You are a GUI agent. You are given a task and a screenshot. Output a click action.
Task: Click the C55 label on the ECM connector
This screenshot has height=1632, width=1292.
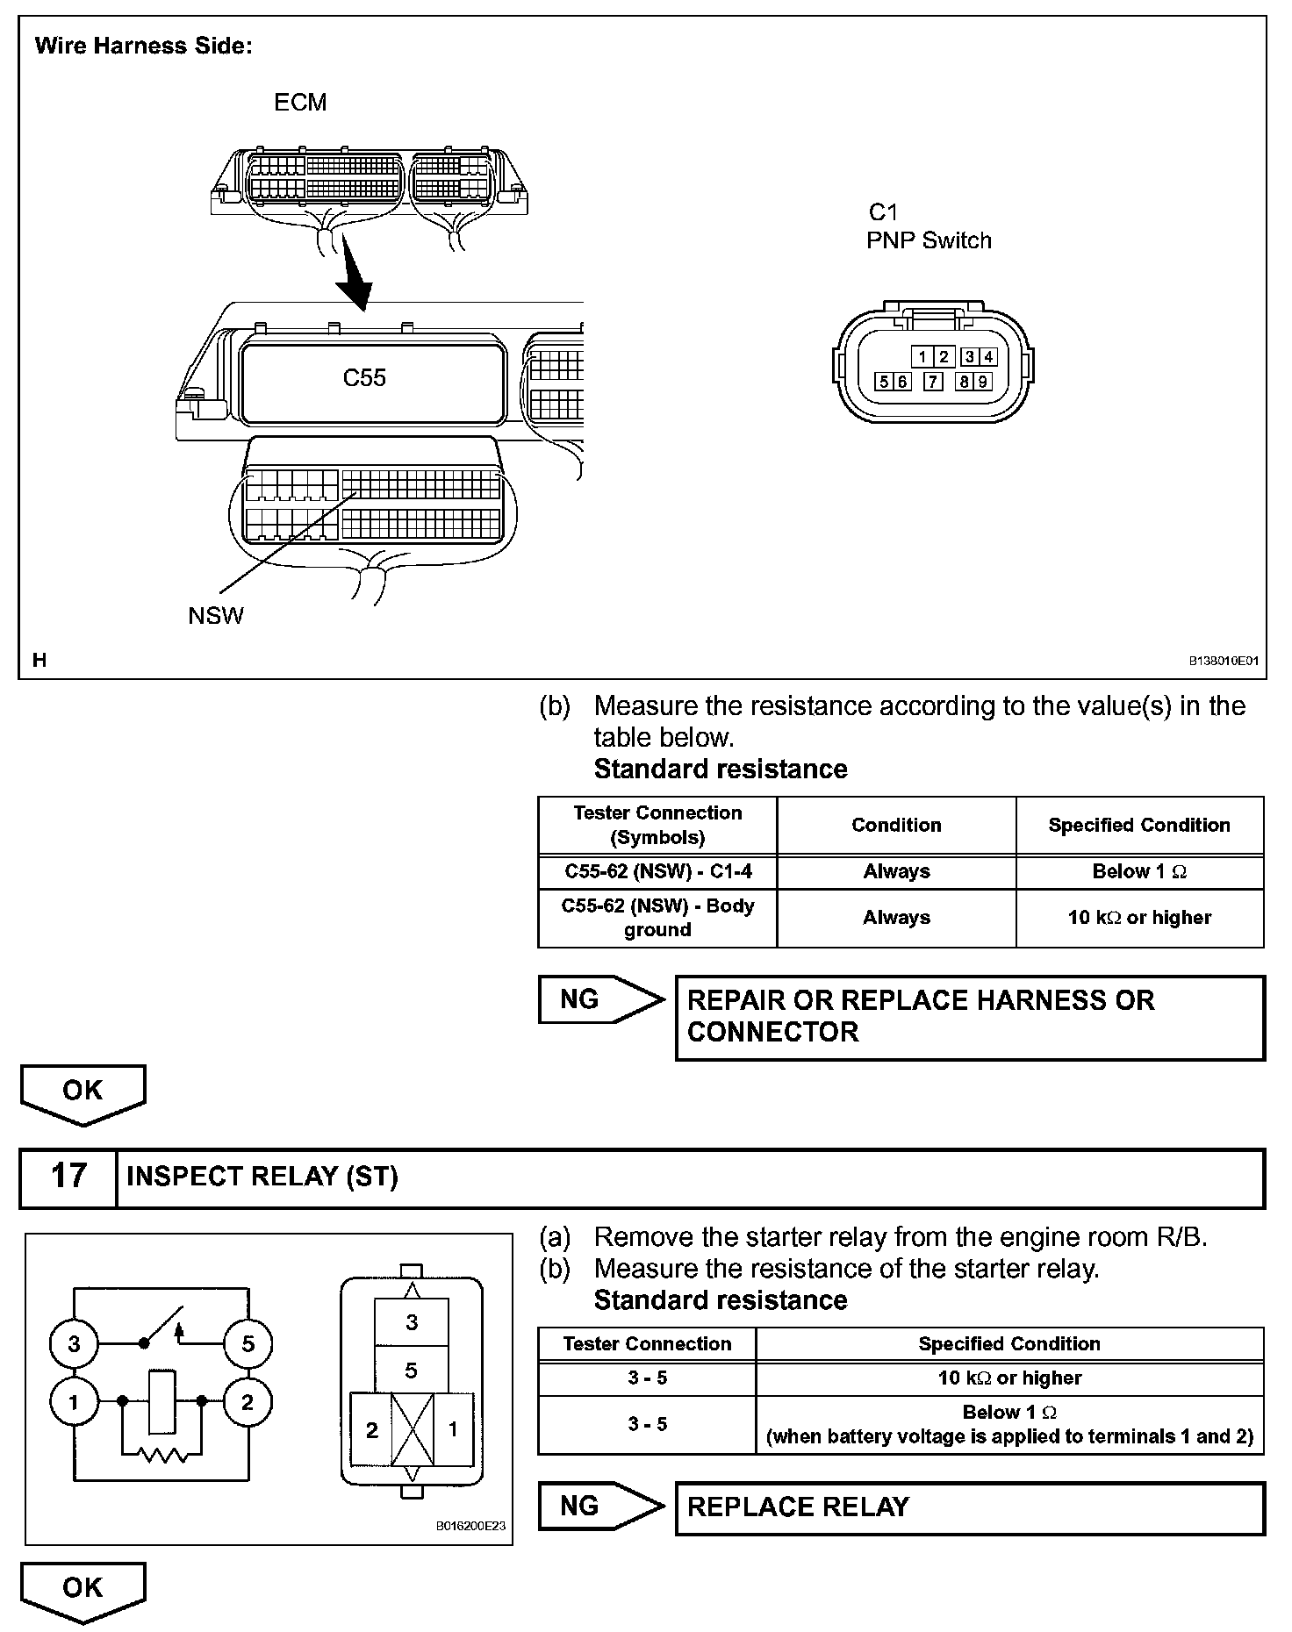364,378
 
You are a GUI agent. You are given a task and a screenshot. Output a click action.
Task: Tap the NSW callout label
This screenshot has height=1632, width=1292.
216,615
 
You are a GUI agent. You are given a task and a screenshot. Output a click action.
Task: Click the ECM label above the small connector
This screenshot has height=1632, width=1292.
300,103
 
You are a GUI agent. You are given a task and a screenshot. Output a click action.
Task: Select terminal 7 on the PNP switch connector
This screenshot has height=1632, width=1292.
933,381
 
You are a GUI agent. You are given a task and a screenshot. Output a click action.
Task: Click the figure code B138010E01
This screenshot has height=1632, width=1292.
1224,661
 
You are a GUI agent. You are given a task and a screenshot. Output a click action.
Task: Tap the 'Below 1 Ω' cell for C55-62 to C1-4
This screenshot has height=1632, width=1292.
1139,871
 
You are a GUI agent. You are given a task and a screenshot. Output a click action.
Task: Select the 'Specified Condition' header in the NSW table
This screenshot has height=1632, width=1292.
1139,825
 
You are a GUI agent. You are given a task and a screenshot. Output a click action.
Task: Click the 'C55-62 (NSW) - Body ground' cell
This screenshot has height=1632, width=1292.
657,918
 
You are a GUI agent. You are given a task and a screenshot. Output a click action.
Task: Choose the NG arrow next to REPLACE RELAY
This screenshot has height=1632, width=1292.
601,1506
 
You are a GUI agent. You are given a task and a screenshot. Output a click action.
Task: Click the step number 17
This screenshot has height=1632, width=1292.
68,1176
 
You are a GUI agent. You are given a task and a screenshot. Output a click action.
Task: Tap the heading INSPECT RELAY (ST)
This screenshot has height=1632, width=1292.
262,1177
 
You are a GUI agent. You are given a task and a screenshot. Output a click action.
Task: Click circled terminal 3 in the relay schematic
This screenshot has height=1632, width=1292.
74,1343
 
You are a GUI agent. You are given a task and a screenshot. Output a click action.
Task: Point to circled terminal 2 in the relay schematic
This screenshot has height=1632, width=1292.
248,1402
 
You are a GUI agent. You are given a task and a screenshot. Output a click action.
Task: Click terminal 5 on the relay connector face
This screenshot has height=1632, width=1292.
411,1371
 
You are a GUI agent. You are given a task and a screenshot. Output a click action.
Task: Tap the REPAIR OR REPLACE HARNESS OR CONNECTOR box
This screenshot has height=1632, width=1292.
970,1017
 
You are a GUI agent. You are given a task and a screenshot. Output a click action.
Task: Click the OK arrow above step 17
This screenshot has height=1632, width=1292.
83,1092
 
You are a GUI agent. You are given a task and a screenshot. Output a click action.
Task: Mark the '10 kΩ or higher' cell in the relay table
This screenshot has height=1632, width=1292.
1009,1378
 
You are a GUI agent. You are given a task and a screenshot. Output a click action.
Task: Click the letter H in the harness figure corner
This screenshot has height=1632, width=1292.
39,660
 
